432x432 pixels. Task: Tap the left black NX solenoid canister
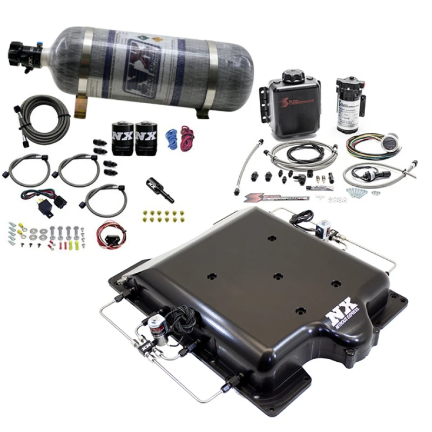(123, 139)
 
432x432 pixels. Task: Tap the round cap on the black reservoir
(295, 76)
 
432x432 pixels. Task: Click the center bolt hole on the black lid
(277, 276)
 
